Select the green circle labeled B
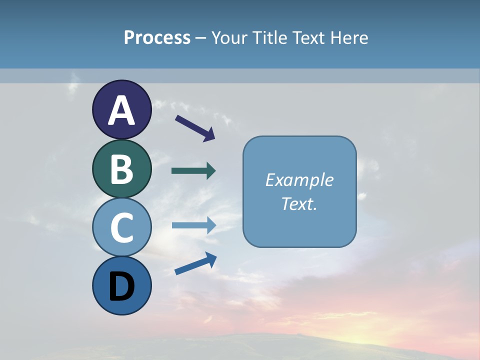pos(121,169)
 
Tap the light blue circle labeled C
pos(121,227)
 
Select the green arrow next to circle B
pos(193,171)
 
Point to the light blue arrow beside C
pos(193,225)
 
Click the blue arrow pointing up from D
pos(195,263)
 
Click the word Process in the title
pos(157,37)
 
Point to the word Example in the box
pos(299,180)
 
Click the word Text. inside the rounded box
pos(299,203)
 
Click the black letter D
pos(121,287)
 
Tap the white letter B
pos(121,169)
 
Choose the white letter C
pos(121,227)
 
